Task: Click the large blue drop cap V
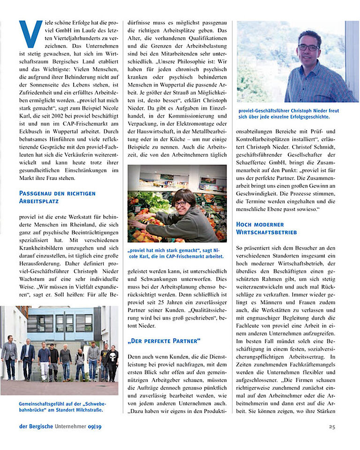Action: (30, 35)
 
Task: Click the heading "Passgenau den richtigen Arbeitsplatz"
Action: (57, 197)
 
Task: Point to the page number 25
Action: (331, 427)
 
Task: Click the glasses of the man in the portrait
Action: (308, 47)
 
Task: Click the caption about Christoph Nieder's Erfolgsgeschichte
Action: (289, 113)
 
